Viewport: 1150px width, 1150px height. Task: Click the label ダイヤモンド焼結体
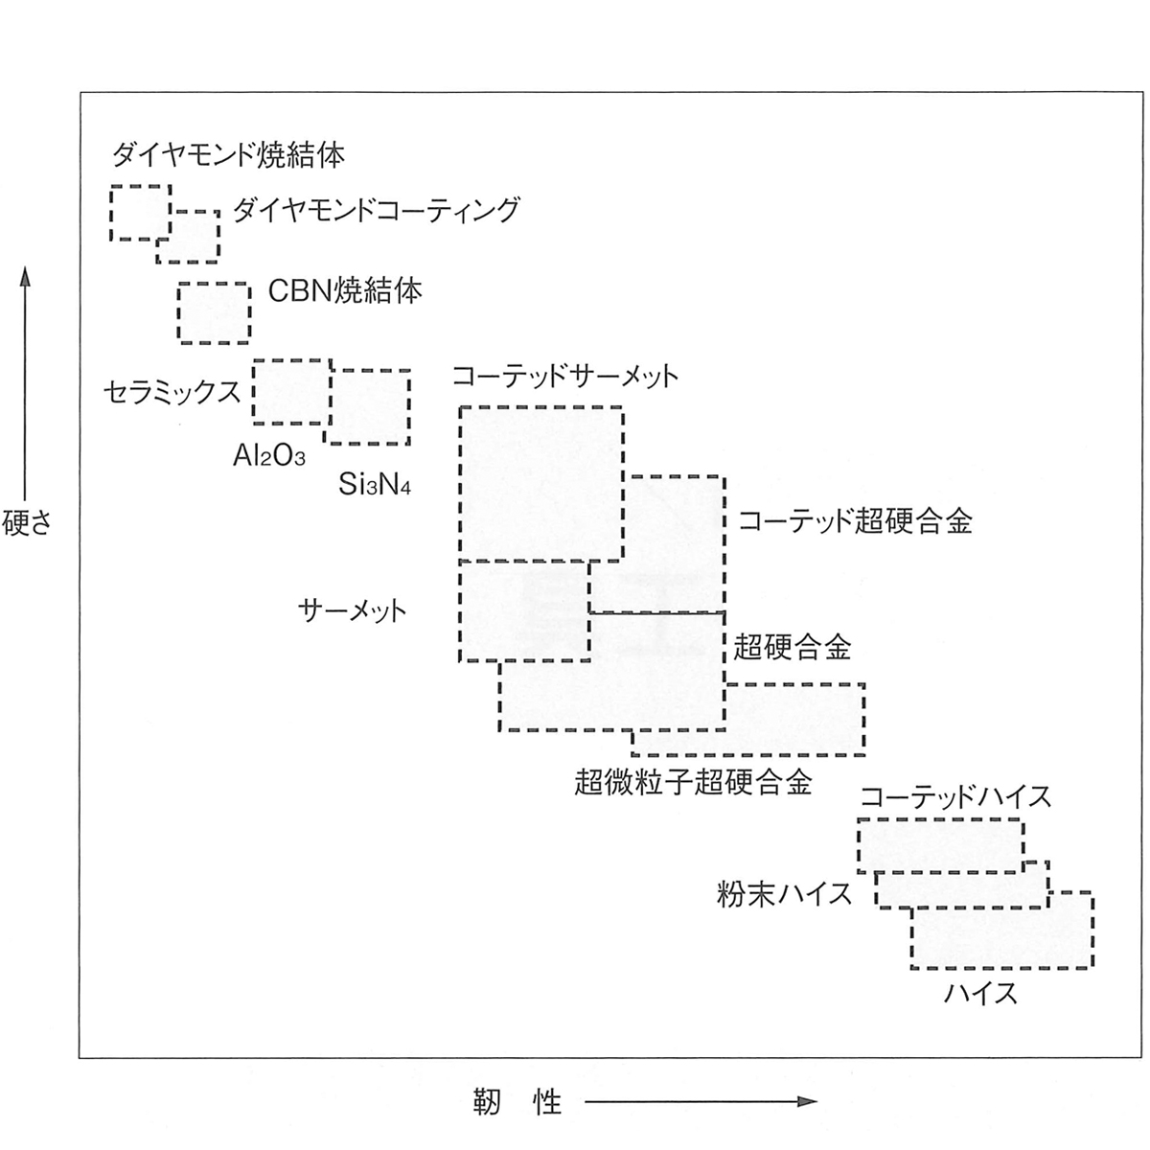coord(229,155)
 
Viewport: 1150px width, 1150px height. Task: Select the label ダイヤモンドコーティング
coord(376,210)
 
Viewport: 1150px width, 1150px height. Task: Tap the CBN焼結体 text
coord(345,291)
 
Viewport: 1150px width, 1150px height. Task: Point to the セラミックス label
coord(172,393)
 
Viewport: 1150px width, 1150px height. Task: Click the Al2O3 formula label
coord(269,456)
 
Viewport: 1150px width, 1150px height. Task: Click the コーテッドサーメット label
coord(565,377)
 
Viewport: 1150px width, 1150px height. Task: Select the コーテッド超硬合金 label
coord(855,520)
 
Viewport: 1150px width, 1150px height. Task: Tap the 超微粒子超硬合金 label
coord(693,781)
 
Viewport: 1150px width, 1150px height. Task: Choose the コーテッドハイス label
coord(954,796)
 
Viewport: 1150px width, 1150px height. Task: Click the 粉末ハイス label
coord(784,894)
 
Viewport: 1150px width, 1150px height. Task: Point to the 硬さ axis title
coord(27,523)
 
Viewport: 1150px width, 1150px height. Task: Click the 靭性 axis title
coord(517,1102)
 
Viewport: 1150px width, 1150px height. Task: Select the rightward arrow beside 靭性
coord(701,1102)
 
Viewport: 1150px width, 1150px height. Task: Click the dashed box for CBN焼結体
coord(178,313)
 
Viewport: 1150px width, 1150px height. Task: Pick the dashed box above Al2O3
coord(254,392)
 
